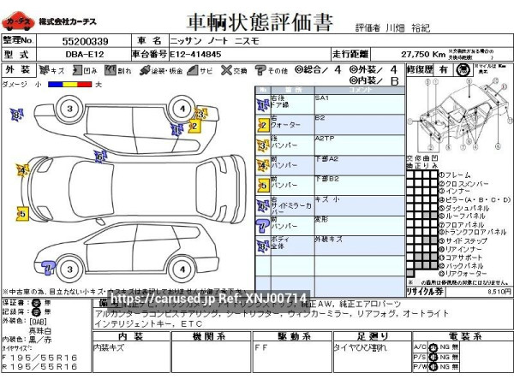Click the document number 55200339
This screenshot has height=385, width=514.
point(85,40)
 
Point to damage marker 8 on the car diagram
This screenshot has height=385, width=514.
point(16,114)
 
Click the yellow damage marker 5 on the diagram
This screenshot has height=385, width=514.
point(21,212)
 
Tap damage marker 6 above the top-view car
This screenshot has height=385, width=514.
point(99,156)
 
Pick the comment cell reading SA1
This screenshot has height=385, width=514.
point(322,98)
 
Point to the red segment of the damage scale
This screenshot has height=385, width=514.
point(76,85)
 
